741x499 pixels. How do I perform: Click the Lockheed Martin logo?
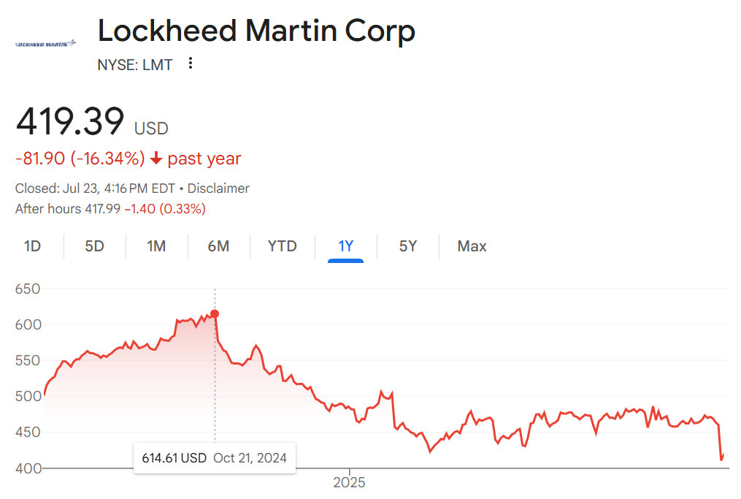tap(46, 44)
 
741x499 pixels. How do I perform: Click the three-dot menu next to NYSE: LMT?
tap(191, 64)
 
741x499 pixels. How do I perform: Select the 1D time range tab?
tap(32, 246)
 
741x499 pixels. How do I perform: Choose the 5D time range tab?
tap(94, 246)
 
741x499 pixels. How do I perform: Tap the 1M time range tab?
tap(156, 246)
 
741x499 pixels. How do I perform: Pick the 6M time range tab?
tap(218, 246)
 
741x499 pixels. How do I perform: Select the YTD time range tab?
tap(282, 246)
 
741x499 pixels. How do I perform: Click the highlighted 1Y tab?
tap(345, 246)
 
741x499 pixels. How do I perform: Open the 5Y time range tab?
tap(408, 246)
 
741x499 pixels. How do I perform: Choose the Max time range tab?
tap(472, 246)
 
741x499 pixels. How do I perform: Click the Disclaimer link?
tap(220, 188)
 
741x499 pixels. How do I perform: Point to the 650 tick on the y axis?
tap(28, 289)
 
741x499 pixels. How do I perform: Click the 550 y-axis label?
tap(28, 361)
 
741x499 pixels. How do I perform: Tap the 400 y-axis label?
tap(28, 468)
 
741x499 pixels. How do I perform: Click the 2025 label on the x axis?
tap(349, 483)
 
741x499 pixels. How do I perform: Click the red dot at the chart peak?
tap(215, 314)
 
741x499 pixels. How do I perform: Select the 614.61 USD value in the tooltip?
tap(174, 459)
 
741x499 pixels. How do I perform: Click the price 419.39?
tap(70, 122)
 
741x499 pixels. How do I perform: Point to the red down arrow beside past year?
tap(156, 159)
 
